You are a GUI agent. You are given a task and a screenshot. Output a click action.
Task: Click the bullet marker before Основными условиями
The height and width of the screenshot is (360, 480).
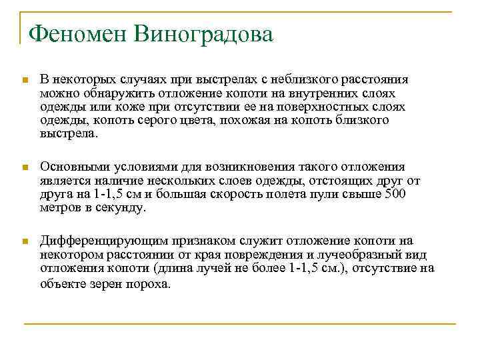pos(25,168)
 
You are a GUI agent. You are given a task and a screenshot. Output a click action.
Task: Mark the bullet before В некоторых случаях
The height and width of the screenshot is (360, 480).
pos(25,81)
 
